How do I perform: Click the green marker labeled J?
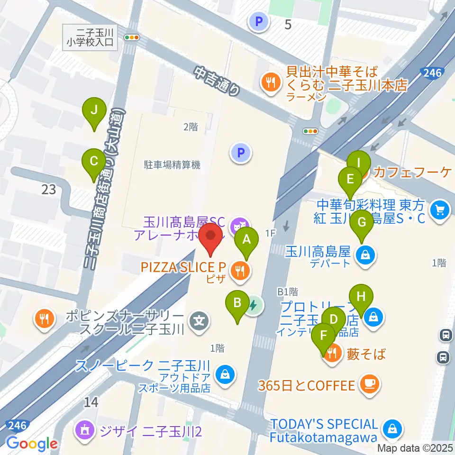[94, 111]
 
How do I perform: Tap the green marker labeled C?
[94, 161]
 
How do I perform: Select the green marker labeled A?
[246, 240]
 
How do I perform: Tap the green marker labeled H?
[361, 297]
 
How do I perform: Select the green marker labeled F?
[324, 336]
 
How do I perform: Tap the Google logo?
[32, 444]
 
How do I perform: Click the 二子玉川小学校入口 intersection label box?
[90, 37]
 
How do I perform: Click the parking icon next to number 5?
[259, 21]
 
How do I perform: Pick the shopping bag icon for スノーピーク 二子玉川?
[223, 375]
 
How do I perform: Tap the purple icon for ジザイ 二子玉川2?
[85, 430]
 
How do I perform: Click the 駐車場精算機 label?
[172, 165]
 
